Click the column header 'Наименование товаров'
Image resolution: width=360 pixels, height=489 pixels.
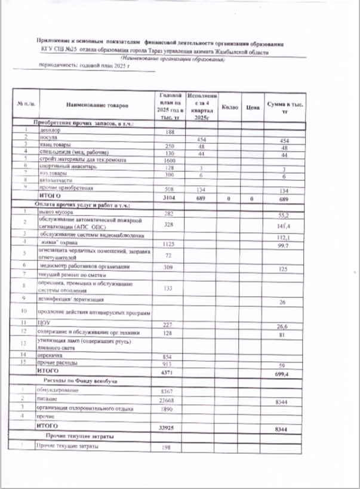[97, 106]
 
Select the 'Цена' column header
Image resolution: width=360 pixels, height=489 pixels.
[252, 107]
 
